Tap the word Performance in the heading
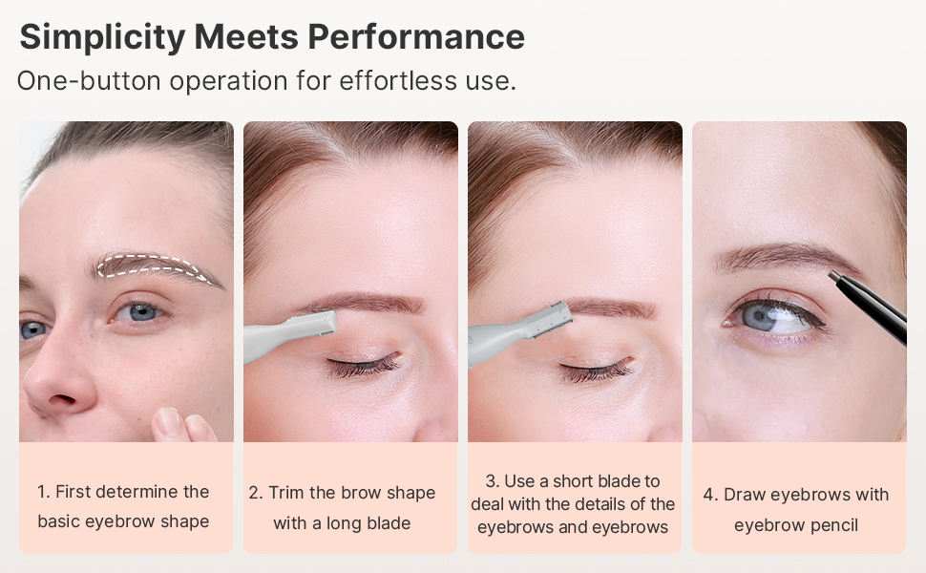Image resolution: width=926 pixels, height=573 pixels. pyautogui.click(x=416, y=36)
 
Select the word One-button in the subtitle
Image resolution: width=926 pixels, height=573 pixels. pyautogui.click(x=89, y=80)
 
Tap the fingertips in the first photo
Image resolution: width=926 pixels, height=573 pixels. pyautogui.click(x=183, y=425)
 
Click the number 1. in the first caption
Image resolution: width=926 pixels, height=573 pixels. pyautogui.click(x=43, y=492)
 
